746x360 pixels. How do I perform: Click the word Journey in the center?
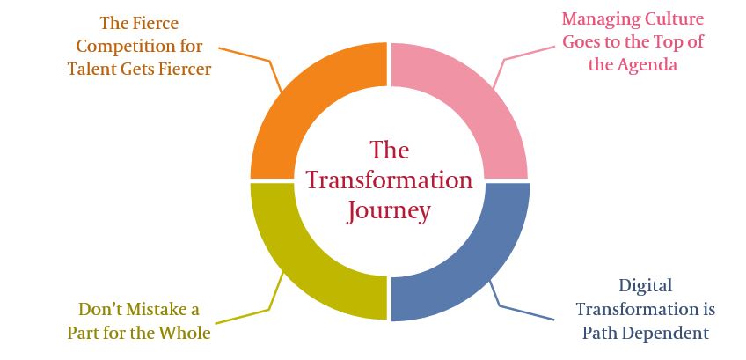click(x=389, y=211)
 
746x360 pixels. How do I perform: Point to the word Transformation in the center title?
click(x=389, y=180)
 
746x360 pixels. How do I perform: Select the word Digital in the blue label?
click(x=645, y=287)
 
